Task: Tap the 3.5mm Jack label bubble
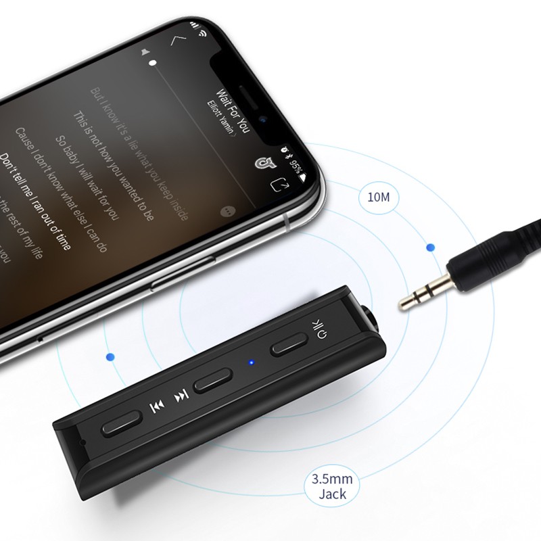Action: tap(329, 486)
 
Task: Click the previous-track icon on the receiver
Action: tap(156, 406)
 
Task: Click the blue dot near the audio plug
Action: tap(429, 248)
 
